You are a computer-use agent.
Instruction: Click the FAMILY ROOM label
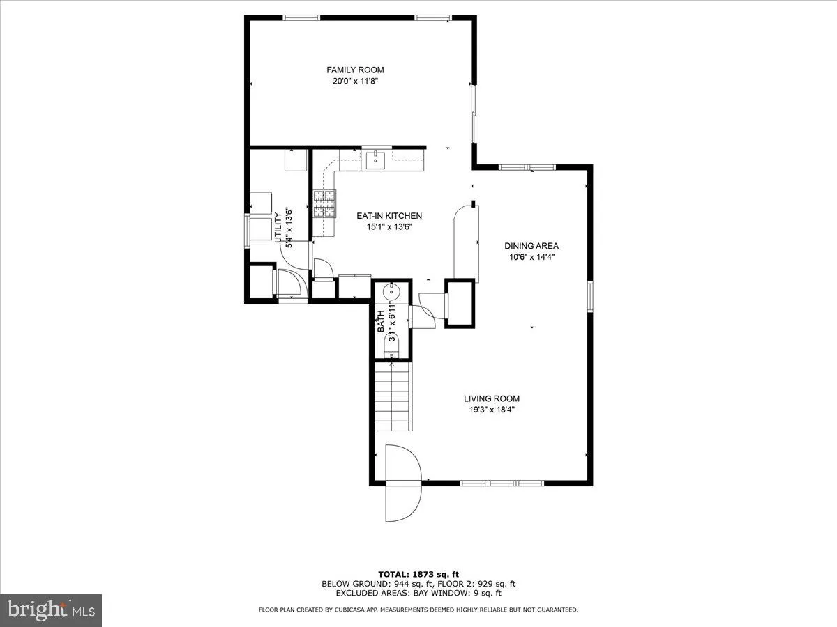coord(355,70)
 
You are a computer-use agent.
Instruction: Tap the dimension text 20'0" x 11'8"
coord(355,81)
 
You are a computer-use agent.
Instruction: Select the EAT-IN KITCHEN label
coord(379,216)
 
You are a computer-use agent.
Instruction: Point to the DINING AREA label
coord(531,246)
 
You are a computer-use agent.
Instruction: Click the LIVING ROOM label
coord(492,399)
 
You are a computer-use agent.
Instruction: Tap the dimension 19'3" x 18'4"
coord(492,410)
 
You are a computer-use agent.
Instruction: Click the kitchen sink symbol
coord(375,160)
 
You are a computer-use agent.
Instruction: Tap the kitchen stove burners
coord(324,204)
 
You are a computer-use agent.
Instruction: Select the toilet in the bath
coord(392,346)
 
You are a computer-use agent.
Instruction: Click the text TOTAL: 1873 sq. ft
coord(418,573)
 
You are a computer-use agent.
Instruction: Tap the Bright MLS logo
coord(51,610)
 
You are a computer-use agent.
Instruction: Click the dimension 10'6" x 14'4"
coord(531,257)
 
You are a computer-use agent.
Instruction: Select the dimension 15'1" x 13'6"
coord(379,227)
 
